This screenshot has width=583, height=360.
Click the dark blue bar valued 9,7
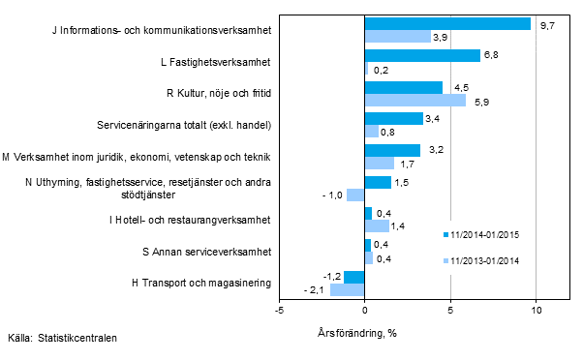point(447,23)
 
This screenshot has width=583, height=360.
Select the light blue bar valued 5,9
point(414,100)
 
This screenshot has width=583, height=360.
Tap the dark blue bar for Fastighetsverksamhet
point(422,55)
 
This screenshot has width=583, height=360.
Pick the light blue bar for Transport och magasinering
point(347,289)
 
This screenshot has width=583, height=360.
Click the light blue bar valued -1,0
point(355,195)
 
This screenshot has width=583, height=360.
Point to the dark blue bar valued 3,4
point(393,118)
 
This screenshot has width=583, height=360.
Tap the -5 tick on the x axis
point(279,311)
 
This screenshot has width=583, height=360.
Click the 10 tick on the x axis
point(536,311)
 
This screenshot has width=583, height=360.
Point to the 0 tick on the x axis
point(364,311)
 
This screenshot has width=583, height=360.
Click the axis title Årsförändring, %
point(364,333)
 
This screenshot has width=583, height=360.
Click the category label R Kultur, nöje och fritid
point(217,93)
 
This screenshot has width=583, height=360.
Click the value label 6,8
point(494,55)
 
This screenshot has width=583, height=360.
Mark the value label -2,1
point(314,290)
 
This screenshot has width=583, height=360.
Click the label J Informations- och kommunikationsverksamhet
point(160,30)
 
